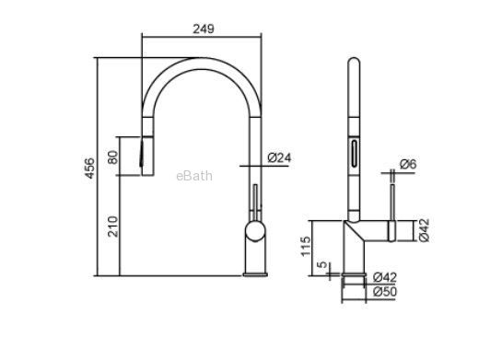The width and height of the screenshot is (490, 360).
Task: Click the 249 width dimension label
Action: [204, 29]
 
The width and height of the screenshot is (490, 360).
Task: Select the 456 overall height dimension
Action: [89, 168]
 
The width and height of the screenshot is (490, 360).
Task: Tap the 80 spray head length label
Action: [113, 157]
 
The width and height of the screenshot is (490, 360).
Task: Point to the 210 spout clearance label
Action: [113, 226]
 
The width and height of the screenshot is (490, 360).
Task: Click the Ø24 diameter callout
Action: [279, 157]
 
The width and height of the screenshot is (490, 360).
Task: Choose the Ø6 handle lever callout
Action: [408, 164]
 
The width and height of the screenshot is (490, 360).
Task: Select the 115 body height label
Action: [306, 246]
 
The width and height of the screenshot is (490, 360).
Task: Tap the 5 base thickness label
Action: [322, 264]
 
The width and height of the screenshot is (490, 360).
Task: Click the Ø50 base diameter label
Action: [385, 292]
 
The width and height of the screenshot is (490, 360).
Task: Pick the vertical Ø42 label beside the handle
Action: [424, 230]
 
